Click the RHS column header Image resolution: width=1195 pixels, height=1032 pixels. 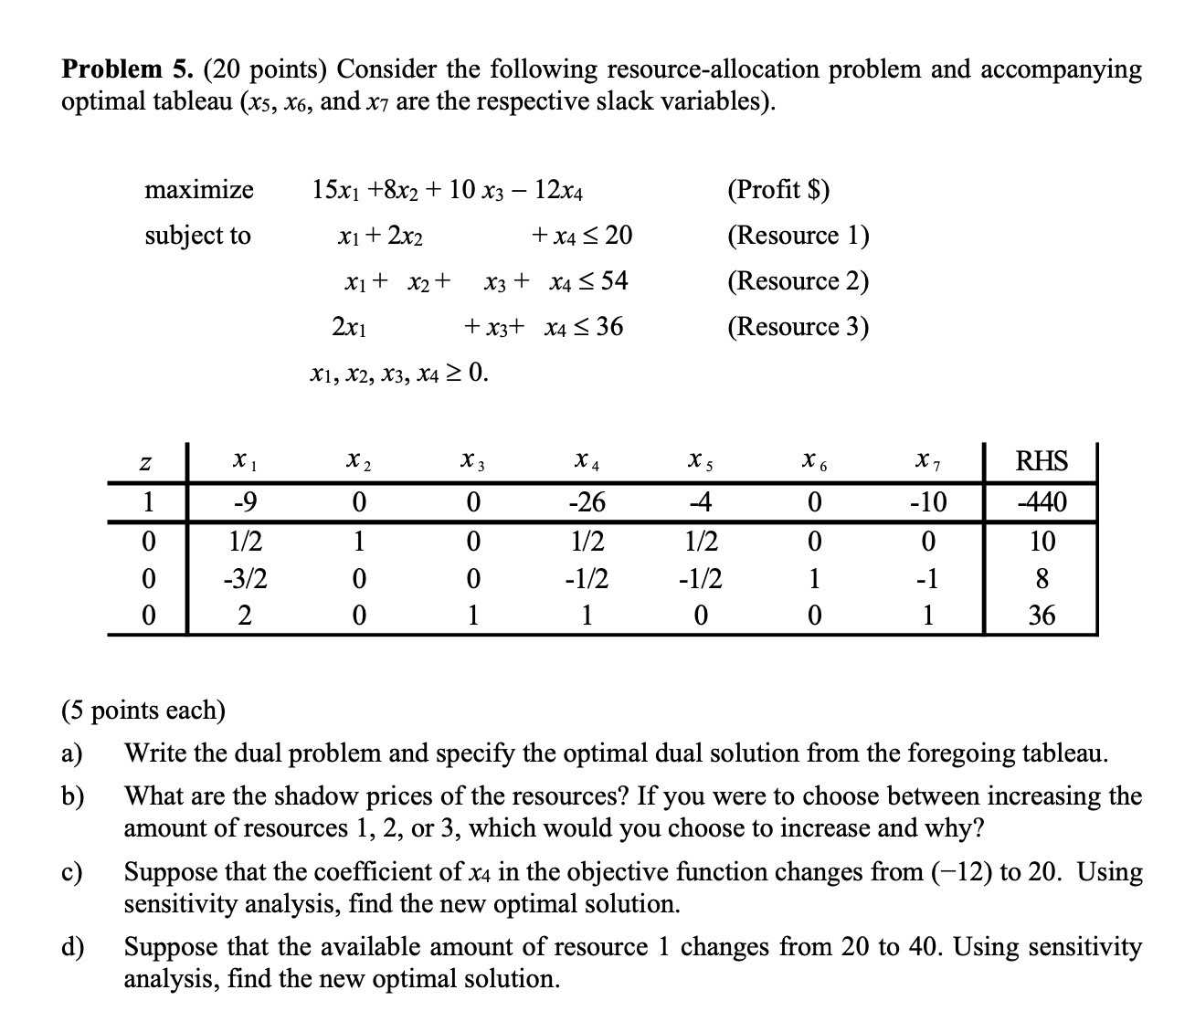pos(1042,461)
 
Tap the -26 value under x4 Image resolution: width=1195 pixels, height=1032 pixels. pos(586,501)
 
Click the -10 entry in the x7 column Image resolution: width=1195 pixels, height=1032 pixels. pos(928,501)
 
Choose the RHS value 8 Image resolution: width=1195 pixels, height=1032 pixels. pos(1042,579)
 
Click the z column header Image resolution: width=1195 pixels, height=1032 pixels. pos(144,464)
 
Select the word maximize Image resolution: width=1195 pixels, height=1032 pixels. pos(199,190)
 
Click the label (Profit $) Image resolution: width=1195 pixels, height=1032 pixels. pos(778,190)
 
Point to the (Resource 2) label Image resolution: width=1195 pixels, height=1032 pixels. pos(798,280)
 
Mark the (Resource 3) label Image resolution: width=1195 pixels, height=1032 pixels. pos(798,326)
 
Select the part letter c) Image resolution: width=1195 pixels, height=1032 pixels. pos(72,872)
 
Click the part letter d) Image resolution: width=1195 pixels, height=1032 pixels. pos(72,947)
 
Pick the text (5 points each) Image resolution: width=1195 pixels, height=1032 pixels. pos(143,710)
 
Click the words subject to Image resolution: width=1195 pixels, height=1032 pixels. pos(197,236)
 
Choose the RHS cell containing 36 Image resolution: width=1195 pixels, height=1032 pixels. pos(1042,616)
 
